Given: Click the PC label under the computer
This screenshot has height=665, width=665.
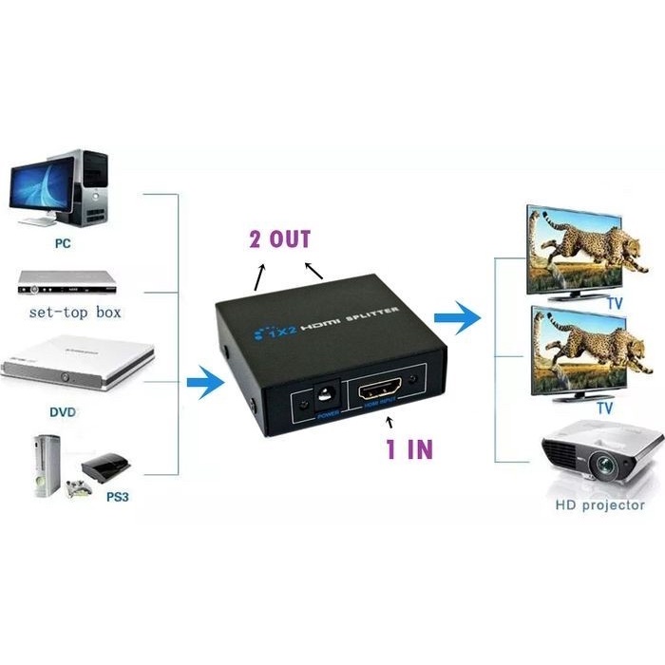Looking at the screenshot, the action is click(x=63, y=242).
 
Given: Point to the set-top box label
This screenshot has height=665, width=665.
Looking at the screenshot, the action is click(x=75, y=312).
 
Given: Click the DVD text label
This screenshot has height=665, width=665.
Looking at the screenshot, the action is click(x=63, y=413).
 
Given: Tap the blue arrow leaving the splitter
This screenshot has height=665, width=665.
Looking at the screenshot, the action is click(x=456, y=319).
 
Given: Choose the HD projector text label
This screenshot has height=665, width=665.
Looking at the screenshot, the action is click(x=599, y=505).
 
